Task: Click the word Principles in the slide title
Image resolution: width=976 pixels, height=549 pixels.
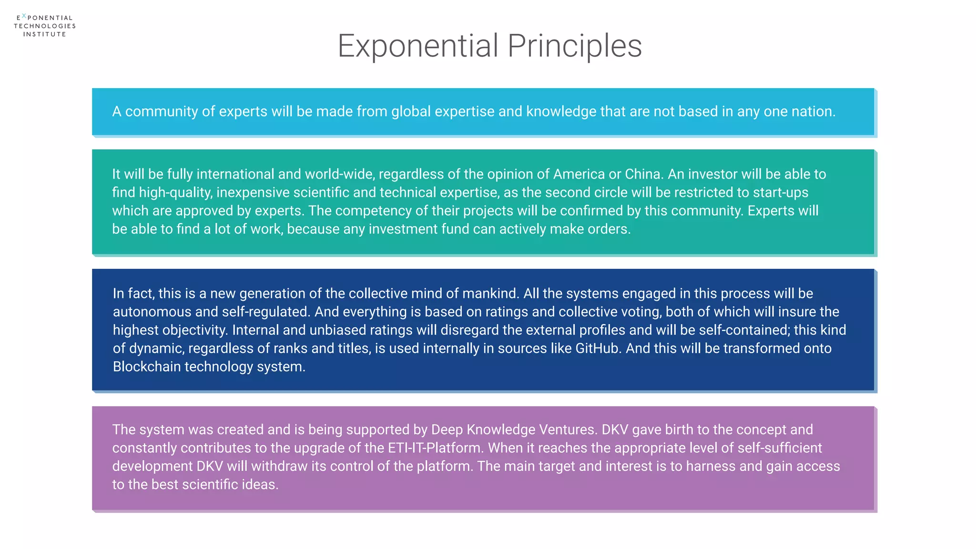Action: (x=574, y=46)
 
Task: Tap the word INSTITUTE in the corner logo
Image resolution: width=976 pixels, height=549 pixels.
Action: (x=45, y=34)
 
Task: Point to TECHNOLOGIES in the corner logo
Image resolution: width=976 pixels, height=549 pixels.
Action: (x=45, y=26)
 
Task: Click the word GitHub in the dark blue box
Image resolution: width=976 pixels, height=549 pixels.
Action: (x=598, y=348)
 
